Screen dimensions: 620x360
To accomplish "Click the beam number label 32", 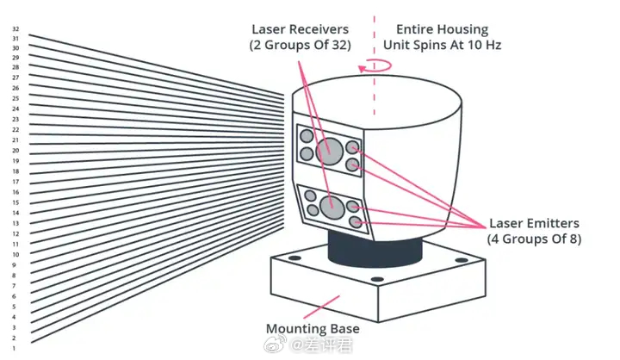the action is tap(15, 29).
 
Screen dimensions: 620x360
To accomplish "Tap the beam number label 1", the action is tap(14, 349).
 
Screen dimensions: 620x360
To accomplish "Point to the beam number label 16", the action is tap(15, 192).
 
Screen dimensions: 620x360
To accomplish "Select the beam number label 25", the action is tap(15, 98).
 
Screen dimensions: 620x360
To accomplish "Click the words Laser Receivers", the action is tap(301, 29).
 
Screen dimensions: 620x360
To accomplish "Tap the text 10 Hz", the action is tap(484, 45).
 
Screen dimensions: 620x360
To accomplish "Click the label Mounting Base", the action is tap(313, 328).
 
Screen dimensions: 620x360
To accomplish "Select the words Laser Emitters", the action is tap(534, 223).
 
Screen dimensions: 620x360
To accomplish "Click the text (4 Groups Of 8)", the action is tap(534, 239).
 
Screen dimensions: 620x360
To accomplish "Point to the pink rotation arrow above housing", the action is tap(375, 66).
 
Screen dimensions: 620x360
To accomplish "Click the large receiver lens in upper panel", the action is tap(329, 151).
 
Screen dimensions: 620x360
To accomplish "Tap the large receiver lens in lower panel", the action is tap(332, 207).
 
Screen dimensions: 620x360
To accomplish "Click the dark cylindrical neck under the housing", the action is tap(375, 249).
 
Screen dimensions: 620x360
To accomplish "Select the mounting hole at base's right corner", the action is tap(462, 260).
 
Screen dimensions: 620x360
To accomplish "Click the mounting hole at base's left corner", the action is tap(294, 258).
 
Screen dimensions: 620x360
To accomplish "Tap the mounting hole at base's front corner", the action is tap(377, 279).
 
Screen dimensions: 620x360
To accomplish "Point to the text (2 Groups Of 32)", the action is tap(301, 45).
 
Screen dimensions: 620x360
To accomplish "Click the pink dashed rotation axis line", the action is tap(375, 65).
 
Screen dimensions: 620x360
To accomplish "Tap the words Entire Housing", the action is tap(442, 29).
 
